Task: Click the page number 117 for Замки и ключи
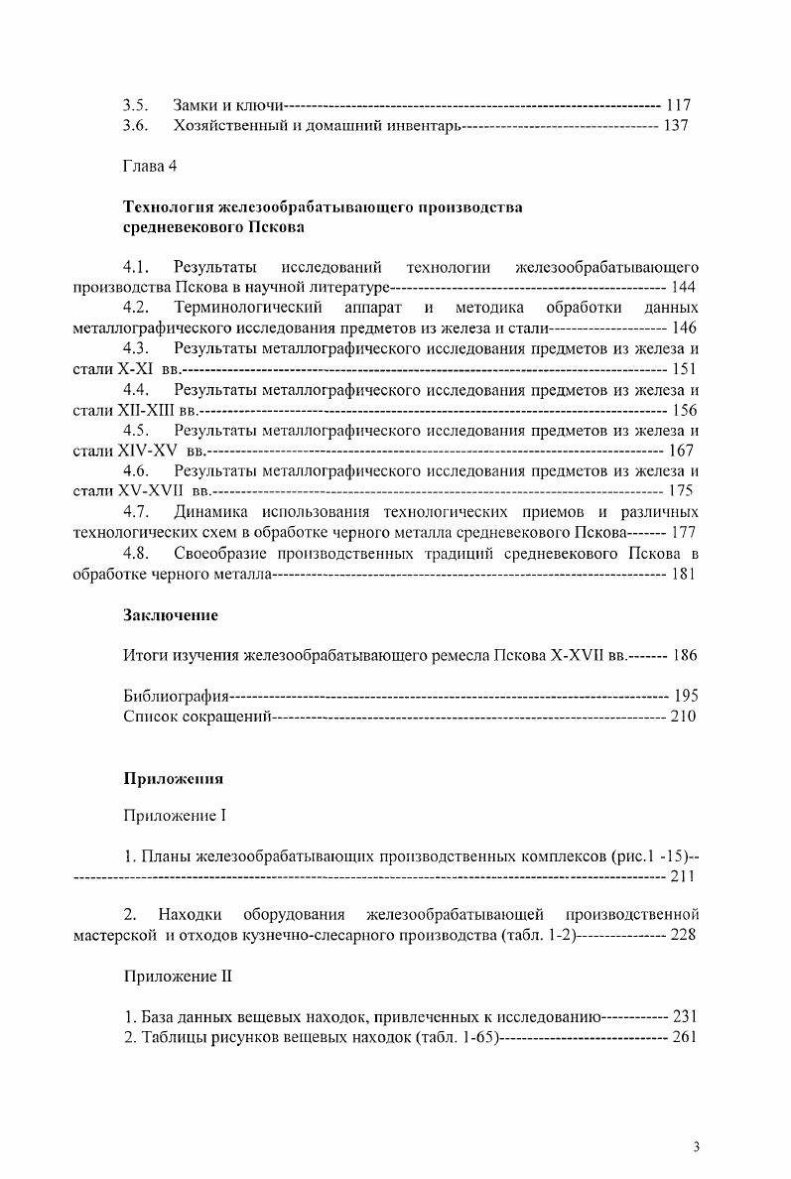pyautogui.click(x=678, y=104)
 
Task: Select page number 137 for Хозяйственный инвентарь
pyautogui.click(x=676, y=125)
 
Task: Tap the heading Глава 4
pyautogui.click(x=150, y=166)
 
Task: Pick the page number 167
pyautogui.click(x=682, y=451)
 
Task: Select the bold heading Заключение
pyautogui.click(x=170, y=615)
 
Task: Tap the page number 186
pyautogui.click(x=685, y=656)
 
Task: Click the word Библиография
pyautogui.click(x=176, y=696)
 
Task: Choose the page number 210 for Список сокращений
pyautogui.click(x=684, y=717)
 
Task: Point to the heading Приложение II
pyautogui.click(x=177, y=976)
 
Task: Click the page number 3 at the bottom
pyautogui.click(x=696, y=1148)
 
